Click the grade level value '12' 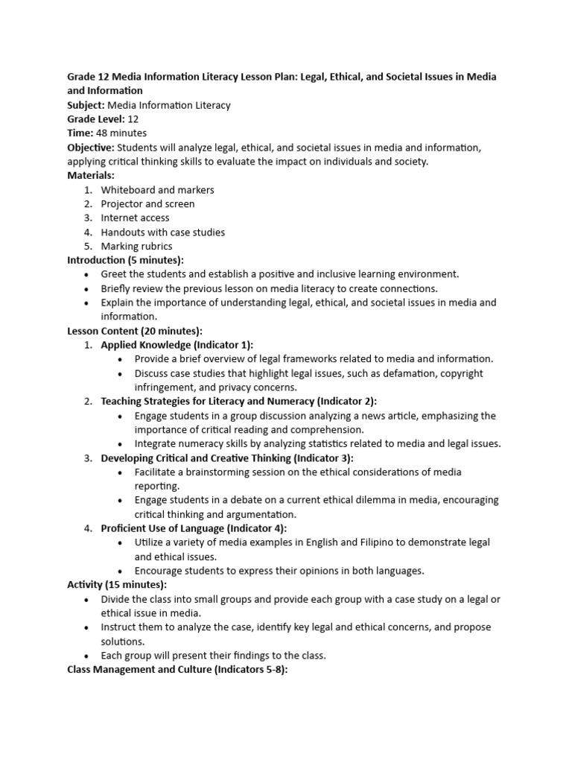133,119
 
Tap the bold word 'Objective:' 91,148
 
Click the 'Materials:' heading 91,175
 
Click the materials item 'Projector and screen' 147,203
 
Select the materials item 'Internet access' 135,218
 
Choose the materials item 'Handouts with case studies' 162,232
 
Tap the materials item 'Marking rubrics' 136,246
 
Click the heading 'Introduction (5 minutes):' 125,260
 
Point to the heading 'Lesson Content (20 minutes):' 134,331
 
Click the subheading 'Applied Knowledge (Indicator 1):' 177,344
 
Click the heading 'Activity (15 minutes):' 117,585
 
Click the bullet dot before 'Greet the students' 87,274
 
